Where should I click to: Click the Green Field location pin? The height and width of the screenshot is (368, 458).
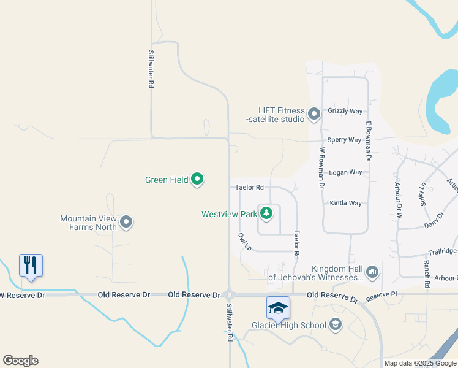tap(197, 180)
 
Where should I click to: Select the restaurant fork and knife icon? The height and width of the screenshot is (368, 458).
tap(31, 266)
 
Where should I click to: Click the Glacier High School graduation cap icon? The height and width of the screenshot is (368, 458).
tap(278, 307)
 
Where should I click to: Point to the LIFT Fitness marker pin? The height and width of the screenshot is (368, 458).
tap(314, 114)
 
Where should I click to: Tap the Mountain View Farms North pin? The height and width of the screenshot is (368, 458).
tap(126, 222)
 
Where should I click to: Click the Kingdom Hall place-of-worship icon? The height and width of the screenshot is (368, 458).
tap(372, 272)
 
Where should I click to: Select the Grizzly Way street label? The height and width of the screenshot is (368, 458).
tap(345, 111)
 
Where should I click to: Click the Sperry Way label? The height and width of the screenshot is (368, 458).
tap(344, 140)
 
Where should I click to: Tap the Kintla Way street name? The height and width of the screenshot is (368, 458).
tap(346, 203)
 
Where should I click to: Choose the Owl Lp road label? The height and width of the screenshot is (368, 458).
tap(244, 241)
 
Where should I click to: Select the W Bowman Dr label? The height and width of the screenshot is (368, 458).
tap(321, 167)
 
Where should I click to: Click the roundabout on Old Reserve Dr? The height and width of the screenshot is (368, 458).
tap(229, 294)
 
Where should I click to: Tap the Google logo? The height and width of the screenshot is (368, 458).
tap(20, 361)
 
